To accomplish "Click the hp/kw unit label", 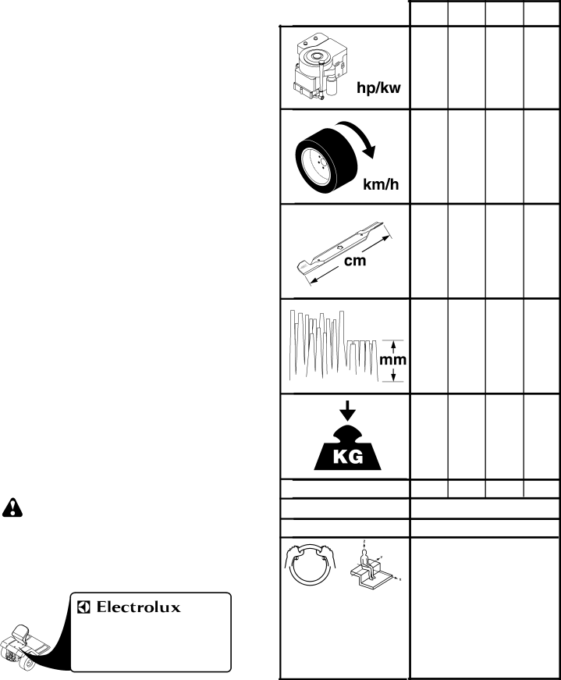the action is tap(378, 87).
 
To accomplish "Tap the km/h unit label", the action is tap(381, 184).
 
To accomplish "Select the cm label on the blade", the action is tap(355, 261).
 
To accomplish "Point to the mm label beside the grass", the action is tap(392, 360).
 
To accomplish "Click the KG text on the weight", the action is tap(348, 457).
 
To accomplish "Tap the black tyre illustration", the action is tap(326, 161).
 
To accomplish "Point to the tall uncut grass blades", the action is tap(318, 344).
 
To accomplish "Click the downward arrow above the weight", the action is tap(347, 411).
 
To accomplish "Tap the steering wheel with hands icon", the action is tap(311, 564).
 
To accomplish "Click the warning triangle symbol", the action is tap(12, 507).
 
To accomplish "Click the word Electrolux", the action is tap(138, 607).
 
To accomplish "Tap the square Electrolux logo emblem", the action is tap(83, 607).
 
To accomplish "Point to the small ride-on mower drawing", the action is tap(25, 648).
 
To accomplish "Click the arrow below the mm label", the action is tap(393, 374).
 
